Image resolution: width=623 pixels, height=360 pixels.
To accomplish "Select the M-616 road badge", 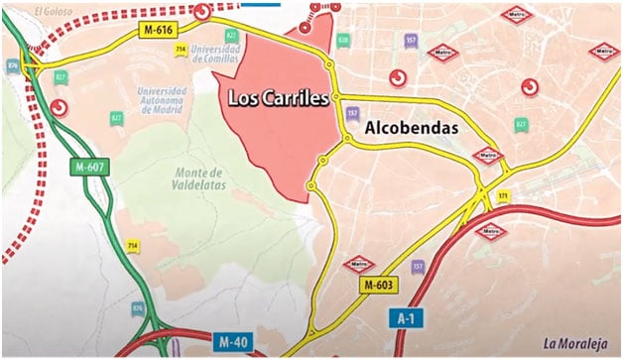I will (x=158, y=31).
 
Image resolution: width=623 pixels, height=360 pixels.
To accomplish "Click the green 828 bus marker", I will (x=343, y=39).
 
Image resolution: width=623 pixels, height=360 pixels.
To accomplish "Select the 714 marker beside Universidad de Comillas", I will (x=180, y=48).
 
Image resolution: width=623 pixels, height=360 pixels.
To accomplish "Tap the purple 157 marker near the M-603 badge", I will (x=417, y=267).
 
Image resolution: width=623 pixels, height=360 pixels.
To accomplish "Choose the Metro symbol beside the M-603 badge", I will (x=357, y=264).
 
